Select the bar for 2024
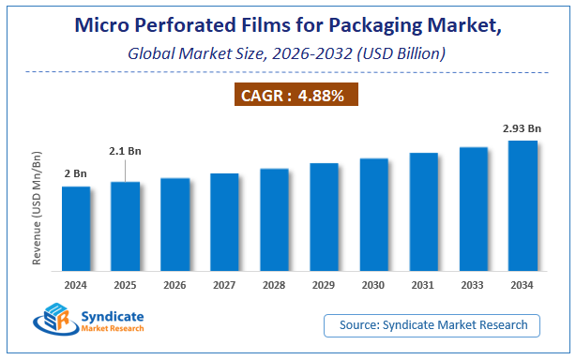pyautogui.click(x=76, y=227)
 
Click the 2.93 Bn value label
pyautogui.click(x=522, y=129)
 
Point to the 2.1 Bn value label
pyautogui.click(x=125, y=149)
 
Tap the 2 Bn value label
pyautogui.click(x=76, y=174)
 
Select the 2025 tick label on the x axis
pyautogui.click(x=126, y=283)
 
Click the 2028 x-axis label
pyautogui.click(x=274, y=283)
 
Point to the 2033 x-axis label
pyautogui.click(x=473, y=283)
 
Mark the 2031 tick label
pyautogui.click(x=423, y=283)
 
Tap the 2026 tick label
pyautogui.click(x=174, y=283)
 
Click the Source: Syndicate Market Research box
pyautogui.click(x=432, y=325)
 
